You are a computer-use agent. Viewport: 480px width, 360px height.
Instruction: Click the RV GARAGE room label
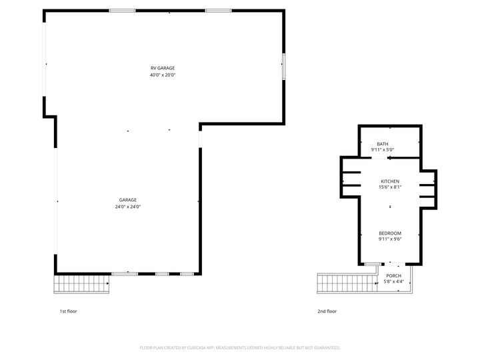(163, 68)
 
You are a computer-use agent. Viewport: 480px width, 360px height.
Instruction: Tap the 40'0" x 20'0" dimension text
(163, 75)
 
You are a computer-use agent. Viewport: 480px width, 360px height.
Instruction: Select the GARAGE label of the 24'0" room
(128, 200)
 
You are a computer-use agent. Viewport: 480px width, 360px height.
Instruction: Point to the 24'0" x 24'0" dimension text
(128, 207)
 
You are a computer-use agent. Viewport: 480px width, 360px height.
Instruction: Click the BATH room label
(383, 144)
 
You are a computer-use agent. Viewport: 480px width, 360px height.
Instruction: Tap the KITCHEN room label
(390, 181)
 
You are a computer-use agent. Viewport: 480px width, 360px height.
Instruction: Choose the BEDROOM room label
(390, 233)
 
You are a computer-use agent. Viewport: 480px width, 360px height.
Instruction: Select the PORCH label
(393, 275)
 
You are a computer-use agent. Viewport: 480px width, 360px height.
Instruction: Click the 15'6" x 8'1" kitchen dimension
(390, 187)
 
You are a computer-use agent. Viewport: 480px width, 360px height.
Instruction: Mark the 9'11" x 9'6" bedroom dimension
(390, 239)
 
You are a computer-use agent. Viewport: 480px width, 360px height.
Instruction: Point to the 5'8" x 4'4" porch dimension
(393, 281)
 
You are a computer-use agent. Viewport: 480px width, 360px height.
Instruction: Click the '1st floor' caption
(68, 311)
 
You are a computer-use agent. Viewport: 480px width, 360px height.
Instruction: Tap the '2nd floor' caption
(327, 311)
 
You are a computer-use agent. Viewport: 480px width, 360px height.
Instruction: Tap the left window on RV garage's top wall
(123, 11)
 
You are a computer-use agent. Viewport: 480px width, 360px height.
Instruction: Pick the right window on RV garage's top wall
(218, 11)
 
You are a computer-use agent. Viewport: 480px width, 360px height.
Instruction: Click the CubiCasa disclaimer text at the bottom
(240, 347)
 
